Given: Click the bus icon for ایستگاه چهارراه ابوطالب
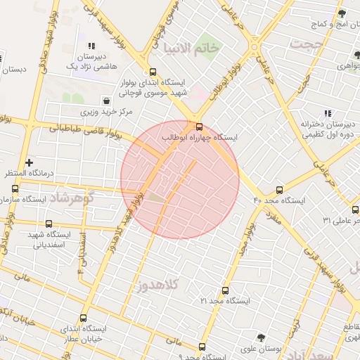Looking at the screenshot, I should tap(199, 127).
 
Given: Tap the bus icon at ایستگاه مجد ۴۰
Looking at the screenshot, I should tap(280, 190).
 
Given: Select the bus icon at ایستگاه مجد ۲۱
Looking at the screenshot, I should tap(225, 290).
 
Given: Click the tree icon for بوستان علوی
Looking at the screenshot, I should tap(261, 338).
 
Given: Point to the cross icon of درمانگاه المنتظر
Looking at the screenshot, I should tap(29, 162).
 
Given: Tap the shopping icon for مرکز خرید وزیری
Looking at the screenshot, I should tap(106, 101).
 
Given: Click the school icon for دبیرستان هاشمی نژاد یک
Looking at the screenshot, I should tap(91, 45).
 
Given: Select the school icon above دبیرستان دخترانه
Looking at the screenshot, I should tap(327, 112).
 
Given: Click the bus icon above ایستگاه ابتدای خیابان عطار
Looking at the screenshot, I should tap(84, 319).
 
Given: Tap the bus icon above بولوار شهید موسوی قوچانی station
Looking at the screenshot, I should tap(153, 71).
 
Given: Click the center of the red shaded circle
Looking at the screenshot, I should tap(180, 179).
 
